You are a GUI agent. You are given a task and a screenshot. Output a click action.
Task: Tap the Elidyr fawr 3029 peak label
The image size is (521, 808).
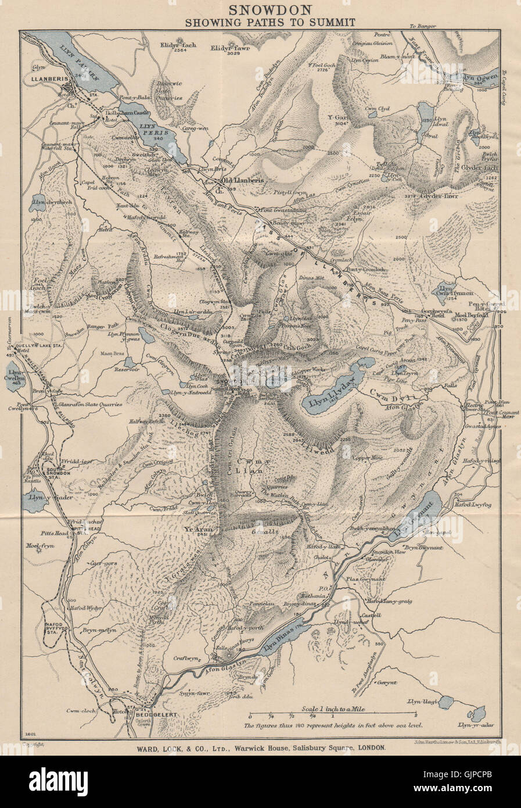point(225,51)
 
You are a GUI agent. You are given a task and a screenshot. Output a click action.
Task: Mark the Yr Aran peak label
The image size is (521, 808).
point(196,530)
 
